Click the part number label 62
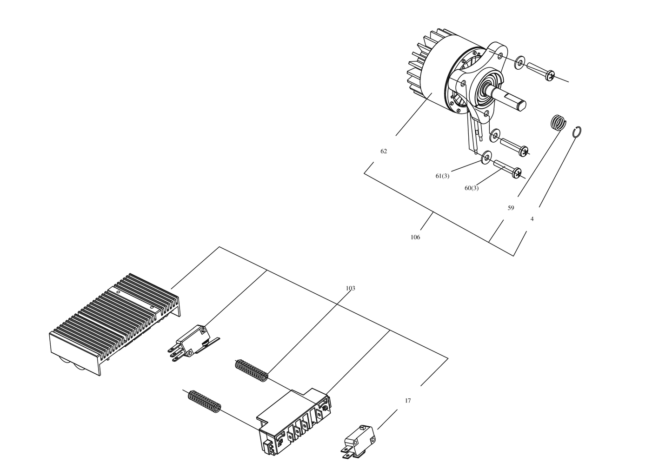click(x=384, y=152)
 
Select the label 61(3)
click(x=443, y=176)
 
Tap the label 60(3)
click(x=472, y=188)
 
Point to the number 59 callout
click(x=511, y=208)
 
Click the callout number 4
click(x=532, y=219)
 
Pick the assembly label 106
click(x=415, y=237)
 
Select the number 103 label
click(x=350, y=288)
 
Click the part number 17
click(x=408, y=401)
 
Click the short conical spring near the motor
click(x=559, y=122)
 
